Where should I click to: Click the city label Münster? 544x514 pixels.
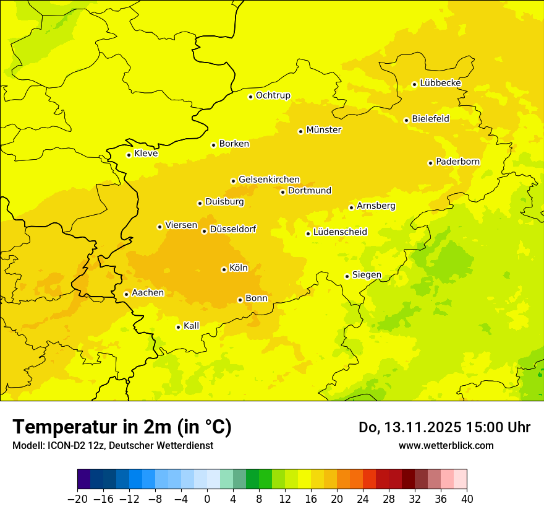pyautogui.click(x=323, y=130)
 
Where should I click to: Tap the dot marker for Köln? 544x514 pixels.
pyautogui.click(x=224, y=269)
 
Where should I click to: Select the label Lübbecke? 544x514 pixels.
pyautogui.click(x=440, y=83)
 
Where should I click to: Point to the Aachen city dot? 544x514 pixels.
pyautogui.click(x=126, y=294)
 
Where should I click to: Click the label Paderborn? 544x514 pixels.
pyautogui.click(x=457, y=162)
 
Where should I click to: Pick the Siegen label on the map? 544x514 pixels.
pyautogui.click(x=367, y=275)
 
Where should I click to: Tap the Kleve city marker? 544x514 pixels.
pyautogui.click(x=129, y=155)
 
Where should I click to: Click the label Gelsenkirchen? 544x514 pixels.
pyautogui.click(x=269, y=180)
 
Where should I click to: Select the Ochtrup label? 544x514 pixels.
pyautogui.click(x=273, y=95)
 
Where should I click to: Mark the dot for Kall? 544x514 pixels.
pyautogui.click(x=178, y=327)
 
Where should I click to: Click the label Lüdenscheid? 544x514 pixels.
pyautogui.click(x=340, y=232)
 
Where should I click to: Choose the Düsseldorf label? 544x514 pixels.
pyautogui.click(x=232, y=229)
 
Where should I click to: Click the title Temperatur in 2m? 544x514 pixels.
pyautogui.click(x=122, y=427)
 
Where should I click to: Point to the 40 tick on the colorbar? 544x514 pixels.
pyautogui.click(x=467, y=499)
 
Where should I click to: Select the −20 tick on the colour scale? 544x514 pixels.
pyautogui.click(x=77, y=499)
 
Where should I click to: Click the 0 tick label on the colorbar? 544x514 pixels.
pyautogui.click(x=207, y=499)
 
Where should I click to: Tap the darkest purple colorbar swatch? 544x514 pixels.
pyautogui.click(x=83, y=479)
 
